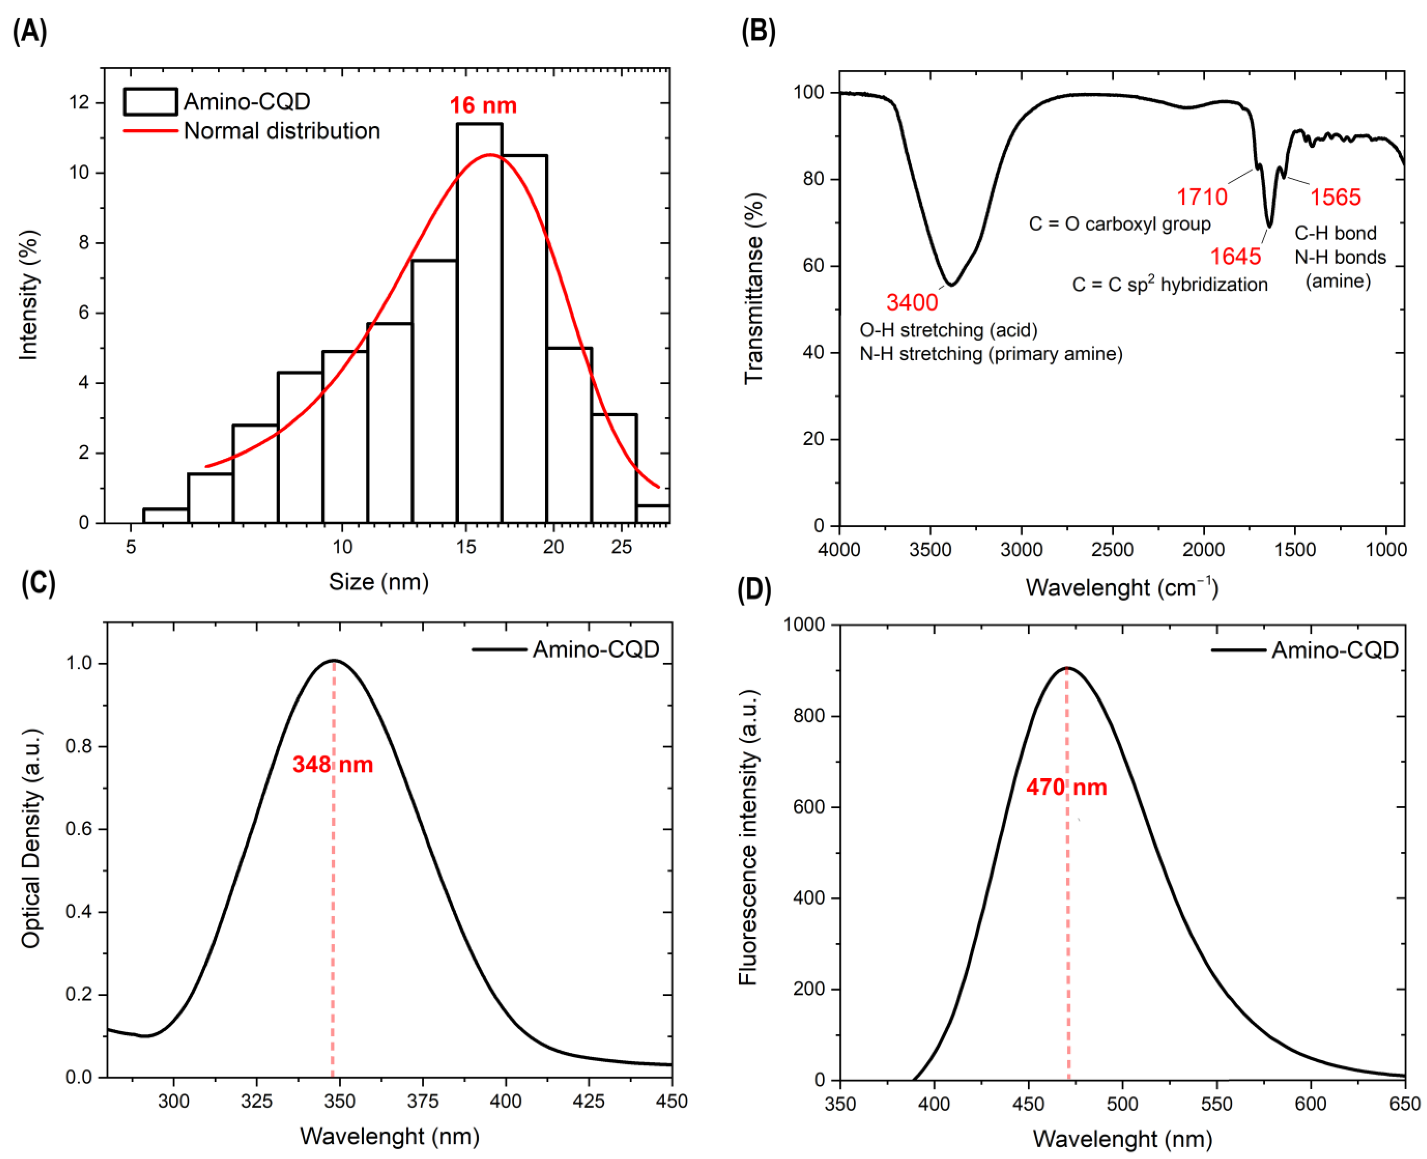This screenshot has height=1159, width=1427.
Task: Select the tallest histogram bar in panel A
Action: (x=479, y=320)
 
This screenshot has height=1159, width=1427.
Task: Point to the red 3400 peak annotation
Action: (x=912, y=302)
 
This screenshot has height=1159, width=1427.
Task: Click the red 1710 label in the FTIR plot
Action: (x=1201, y=197)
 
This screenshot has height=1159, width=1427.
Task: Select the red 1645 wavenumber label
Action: (x=1235, y=256)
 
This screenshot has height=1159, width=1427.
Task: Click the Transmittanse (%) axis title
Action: (x=754, y=289)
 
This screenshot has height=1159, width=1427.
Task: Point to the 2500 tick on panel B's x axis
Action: (x=1113, y=549)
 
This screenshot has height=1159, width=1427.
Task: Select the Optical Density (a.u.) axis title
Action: (x=31, y=838)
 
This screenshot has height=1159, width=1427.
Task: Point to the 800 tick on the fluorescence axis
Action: (x=809, y=716)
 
